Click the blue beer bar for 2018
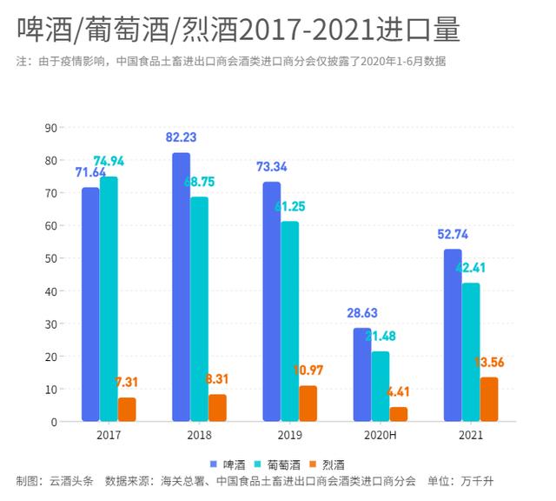click(181, 287)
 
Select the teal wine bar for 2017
click(109, 299)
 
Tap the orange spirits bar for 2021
click(489, 399)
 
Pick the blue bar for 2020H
click(361, 375)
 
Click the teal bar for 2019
click(289, 322)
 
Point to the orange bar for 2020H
click(399, 414)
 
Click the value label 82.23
click(182, 137)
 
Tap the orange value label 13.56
click(490, 363)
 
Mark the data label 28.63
click(361, 312)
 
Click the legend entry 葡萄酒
click(283, 464)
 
